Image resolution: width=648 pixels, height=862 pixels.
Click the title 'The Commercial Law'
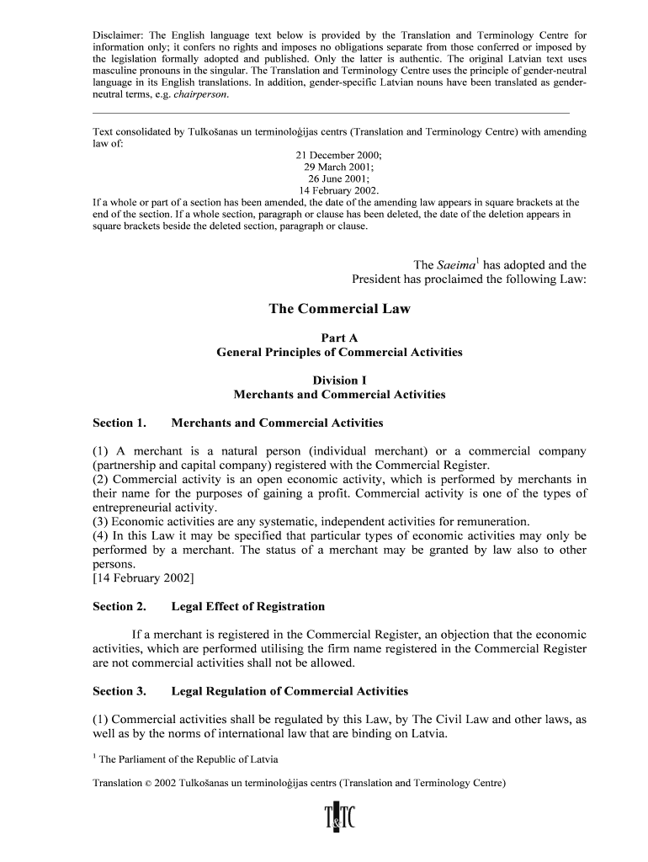tap(339, 309)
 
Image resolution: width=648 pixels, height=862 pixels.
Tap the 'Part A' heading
tap(339, 338)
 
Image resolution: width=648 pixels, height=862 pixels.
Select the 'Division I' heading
tap(339, 380)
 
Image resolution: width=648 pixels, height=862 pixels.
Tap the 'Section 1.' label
tap(120, 423)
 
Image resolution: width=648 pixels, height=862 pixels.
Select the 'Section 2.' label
tap(120, 606)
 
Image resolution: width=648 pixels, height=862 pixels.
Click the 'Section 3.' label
tap(120, 691)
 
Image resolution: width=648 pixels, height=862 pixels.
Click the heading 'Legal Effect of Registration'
tap(247, 606)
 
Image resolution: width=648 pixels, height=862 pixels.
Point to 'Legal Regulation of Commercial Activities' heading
tap(289, 691)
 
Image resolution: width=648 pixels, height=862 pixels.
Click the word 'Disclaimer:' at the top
tap(118, 36)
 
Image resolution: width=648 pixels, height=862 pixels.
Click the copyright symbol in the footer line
tap(149, 783)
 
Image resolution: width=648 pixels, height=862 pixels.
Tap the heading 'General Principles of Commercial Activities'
tap(339, 352)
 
